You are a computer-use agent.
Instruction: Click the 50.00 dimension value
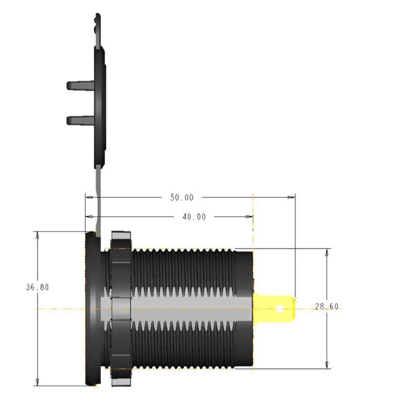tap(182, 198)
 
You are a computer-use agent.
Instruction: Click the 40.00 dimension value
tap(193, 217)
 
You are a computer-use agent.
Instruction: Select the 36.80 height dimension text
tap(37, 288)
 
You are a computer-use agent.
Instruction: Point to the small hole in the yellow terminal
tap(281, 306)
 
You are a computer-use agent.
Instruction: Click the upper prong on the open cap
tap(80, 85)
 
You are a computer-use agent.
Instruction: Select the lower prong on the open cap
tap(80, 120)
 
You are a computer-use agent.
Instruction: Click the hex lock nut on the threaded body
tap(120, 307)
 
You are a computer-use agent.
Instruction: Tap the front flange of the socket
tap(92, 307)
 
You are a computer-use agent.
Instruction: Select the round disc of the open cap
tap(100, 106)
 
